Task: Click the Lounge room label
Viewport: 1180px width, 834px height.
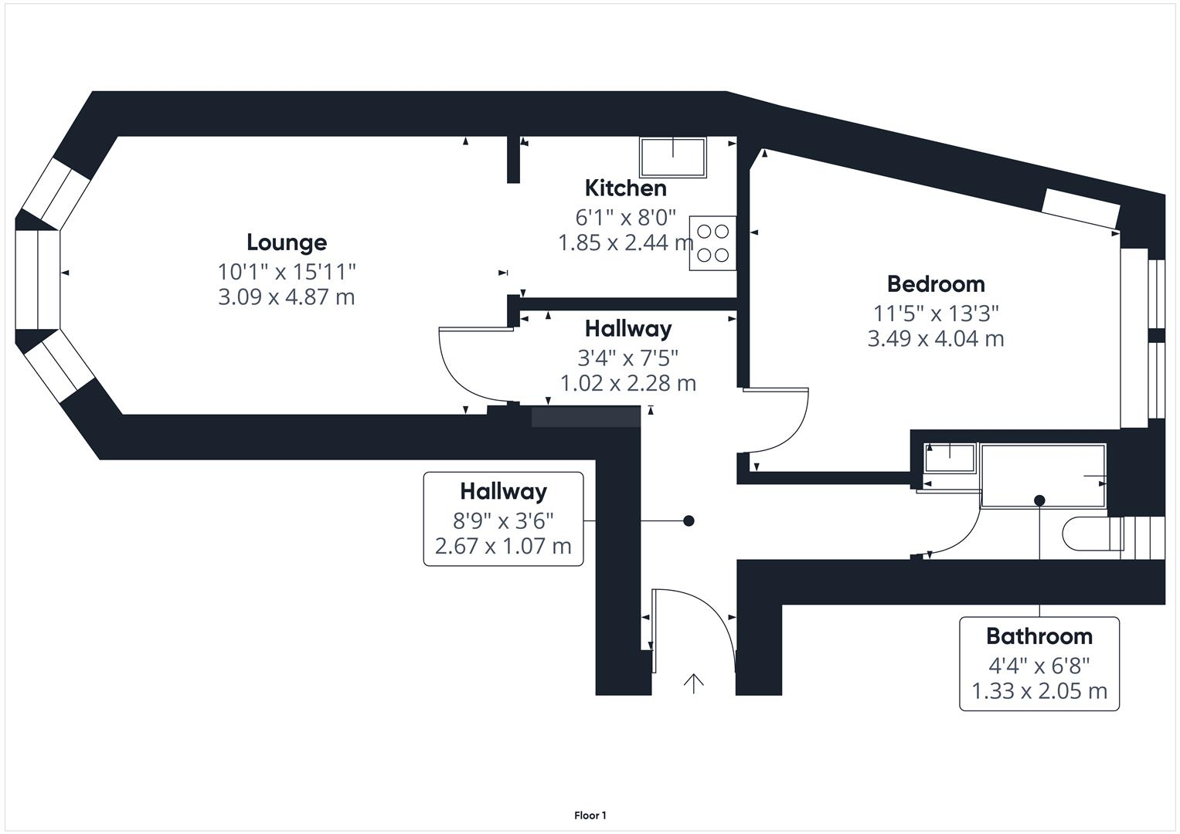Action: coord(287,242)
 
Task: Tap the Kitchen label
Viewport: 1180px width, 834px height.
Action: coord(625,188)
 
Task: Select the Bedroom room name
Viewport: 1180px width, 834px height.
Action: coord(936,284)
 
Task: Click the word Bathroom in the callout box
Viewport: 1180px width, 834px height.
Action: coord(1039,636)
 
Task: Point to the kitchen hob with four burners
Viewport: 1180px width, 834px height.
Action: coord(712,242)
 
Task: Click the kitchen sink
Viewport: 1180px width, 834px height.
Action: coord(673,157)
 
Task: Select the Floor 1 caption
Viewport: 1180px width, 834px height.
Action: coord(590,815)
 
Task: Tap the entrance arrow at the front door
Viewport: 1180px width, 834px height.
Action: coord(694,683)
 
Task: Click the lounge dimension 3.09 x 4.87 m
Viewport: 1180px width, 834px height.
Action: coord(287,297)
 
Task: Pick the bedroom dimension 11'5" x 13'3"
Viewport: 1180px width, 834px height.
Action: coord(936,314)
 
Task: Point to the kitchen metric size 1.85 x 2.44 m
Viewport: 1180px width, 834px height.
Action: coord(625,243)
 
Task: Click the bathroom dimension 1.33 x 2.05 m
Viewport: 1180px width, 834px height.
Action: coord(1039,691)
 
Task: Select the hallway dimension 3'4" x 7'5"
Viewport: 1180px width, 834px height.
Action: coord(627,358)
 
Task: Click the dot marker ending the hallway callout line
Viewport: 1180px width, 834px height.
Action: coord(689,521)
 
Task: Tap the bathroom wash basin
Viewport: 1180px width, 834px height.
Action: coord(950,458)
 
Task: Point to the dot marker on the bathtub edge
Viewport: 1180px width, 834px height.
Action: coord(1039,500)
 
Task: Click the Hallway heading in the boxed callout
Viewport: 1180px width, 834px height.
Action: coord(503,491)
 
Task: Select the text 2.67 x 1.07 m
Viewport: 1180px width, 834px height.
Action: coord(503,547)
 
